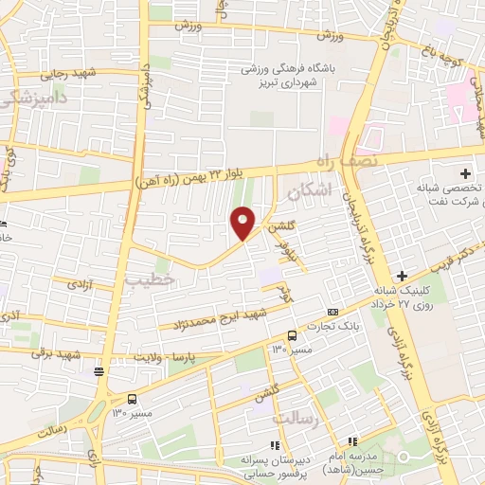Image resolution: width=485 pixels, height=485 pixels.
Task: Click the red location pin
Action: tap(243, 223)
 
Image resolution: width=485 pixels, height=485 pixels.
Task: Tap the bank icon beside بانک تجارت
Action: tap(332, 312)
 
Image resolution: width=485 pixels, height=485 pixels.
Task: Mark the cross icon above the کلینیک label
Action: tap(402, 275)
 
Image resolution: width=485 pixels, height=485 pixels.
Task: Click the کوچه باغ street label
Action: tap(442, 57)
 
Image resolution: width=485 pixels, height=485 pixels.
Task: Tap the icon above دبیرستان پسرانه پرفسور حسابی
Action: tap(274, 445)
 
